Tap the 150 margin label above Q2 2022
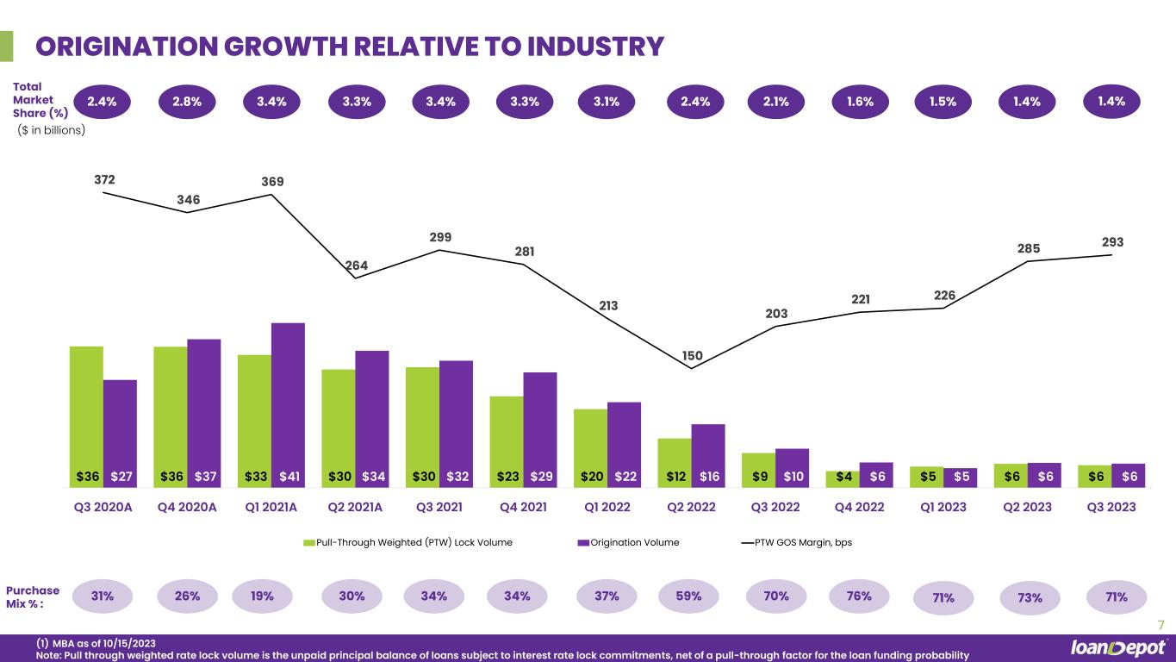click(693, 355)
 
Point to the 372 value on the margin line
click(105, 179)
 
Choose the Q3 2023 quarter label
click(1111, 507)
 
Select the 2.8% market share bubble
click(187, 102)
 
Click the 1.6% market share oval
click(860, 102)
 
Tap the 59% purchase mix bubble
click(692, 596)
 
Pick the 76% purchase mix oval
click(859, 596)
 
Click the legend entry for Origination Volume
click(628, 542)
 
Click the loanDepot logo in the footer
click(1118, 647)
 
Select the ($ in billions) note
click(52, 130)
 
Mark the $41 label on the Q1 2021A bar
click(289, 476)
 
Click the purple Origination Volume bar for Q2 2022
click(708, 444)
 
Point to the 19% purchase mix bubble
click(263, 596)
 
